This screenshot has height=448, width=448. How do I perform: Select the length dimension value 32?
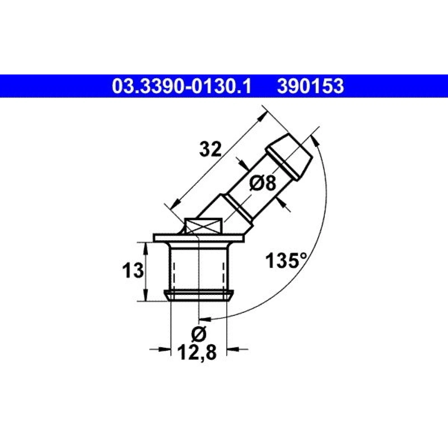210,150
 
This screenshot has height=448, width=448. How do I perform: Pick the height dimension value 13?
133,271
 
